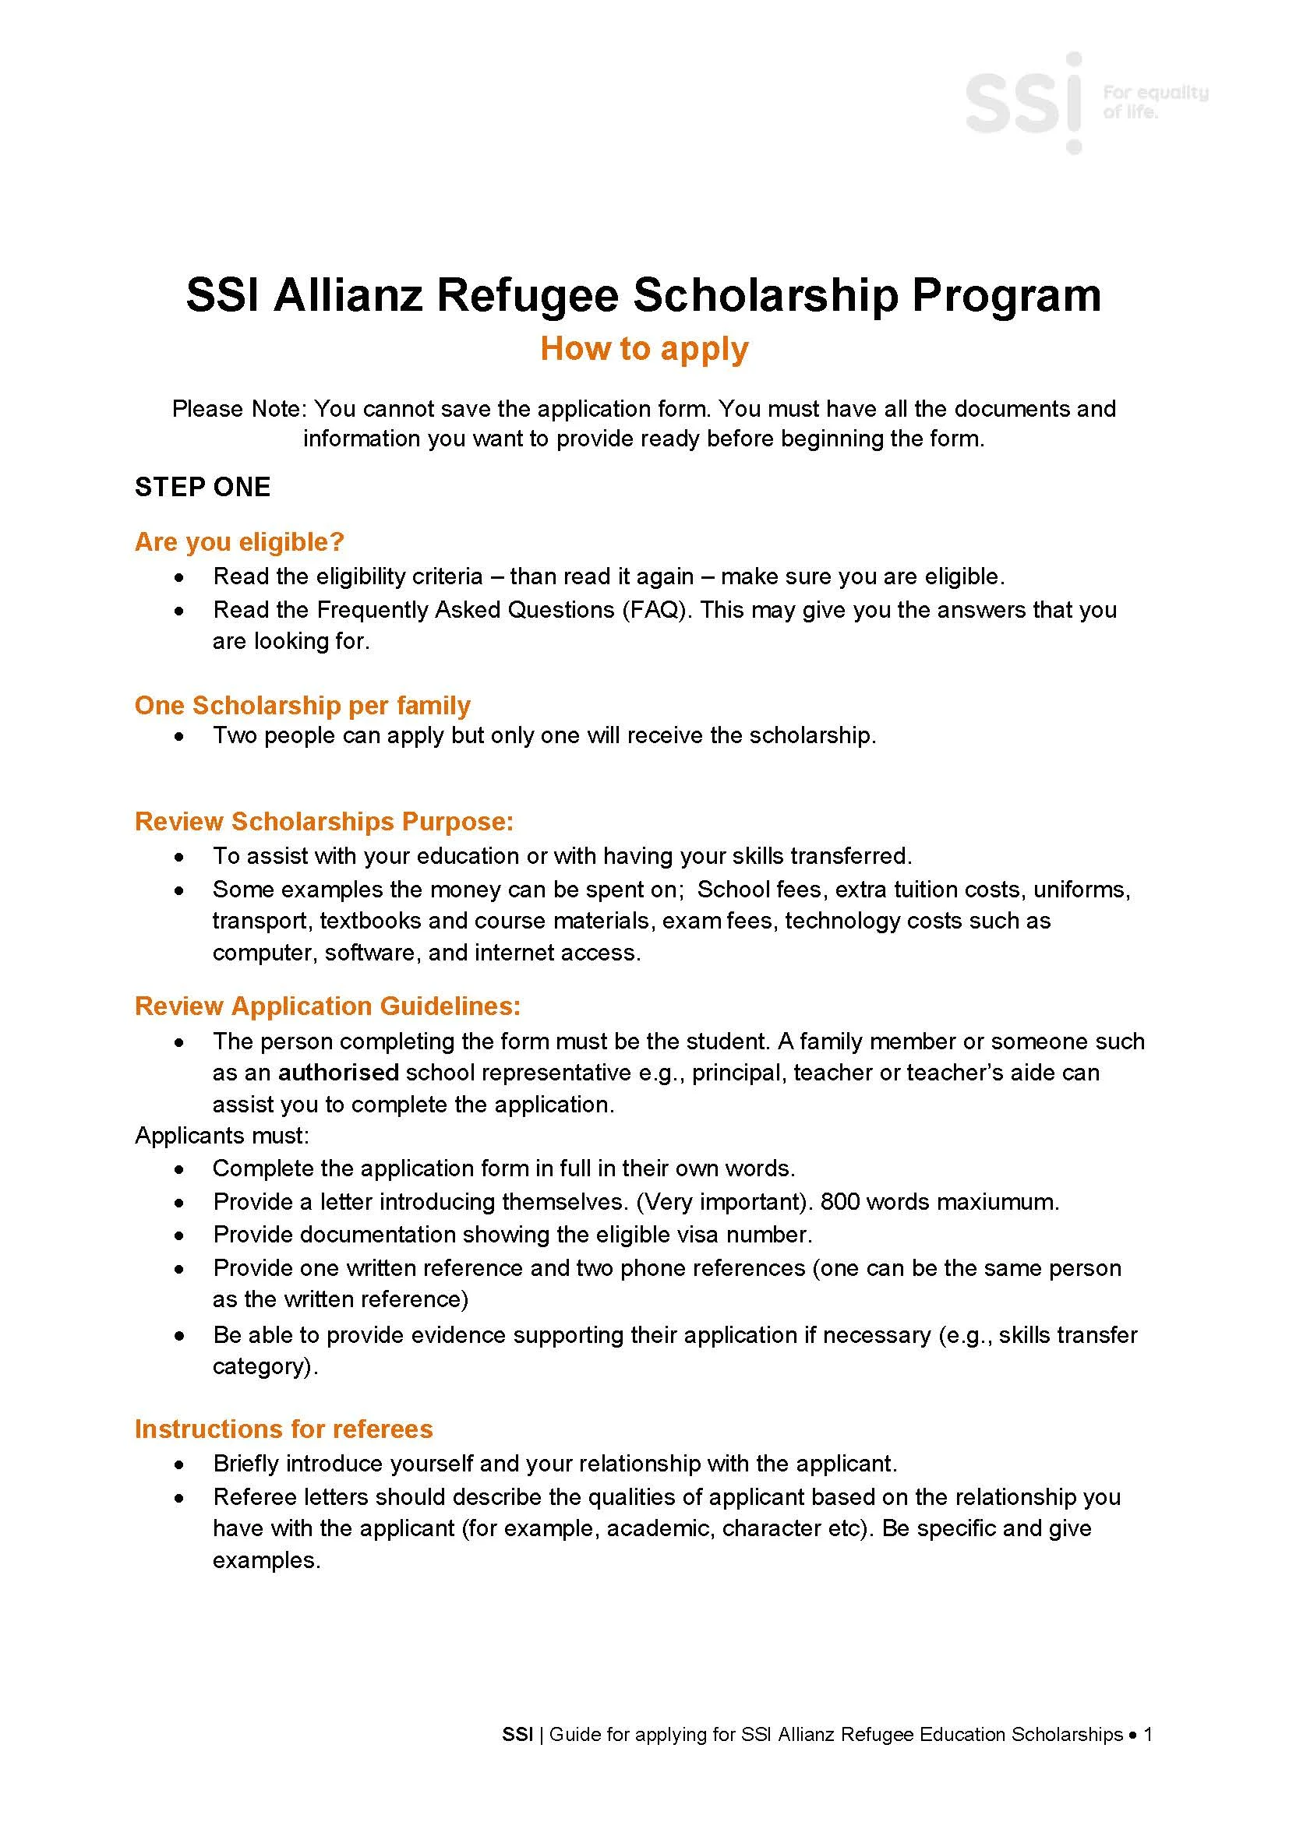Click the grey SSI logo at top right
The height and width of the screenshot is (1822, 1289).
point(1024,103)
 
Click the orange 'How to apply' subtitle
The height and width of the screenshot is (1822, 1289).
point(644,349)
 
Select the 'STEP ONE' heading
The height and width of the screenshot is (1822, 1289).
point(203,486)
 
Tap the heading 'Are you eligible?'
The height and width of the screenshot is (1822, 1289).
point(239,542)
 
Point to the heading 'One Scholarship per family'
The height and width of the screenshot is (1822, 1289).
point(302,705)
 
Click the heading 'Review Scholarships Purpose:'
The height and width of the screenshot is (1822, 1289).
point(324,821)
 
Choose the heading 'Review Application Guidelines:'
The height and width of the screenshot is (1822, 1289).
point(328,1006)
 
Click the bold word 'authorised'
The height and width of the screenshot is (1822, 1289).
point(338,1073)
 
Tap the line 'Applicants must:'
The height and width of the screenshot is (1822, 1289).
point(221,1136)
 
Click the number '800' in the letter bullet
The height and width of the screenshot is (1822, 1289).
point(840,1201)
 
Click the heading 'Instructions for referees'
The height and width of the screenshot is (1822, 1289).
point(284,1429)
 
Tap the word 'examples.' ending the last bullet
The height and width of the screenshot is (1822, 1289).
point(266,1559)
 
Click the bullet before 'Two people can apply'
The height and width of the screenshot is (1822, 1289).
point(181,736)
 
